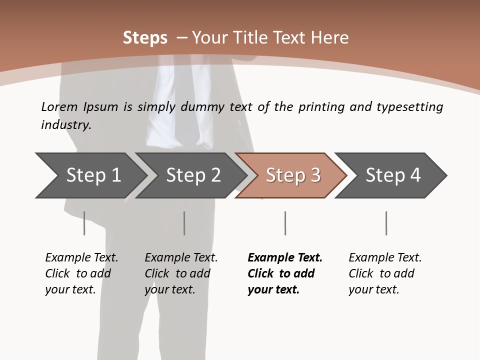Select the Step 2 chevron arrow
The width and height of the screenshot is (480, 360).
tap(193, 175)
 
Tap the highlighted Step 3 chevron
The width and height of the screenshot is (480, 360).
tap(293, 175)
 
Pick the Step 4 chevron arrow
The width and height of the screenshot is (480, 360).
tap(393, 175)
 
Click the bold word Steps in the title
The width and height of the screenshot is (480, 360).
tap(145, 38)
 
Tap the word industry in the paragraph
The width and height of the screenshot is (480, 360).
tap(66, 125)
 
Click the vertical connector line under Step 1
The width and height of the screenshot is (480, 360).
tap(84, 223)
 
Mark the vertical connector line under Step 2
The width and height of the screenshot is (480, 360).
tap(184, 223)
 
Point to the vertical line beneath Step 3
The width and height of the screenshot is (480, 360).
tap(285, 223)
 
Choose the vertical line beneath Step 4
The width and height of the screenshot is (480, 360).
tap(386, 223)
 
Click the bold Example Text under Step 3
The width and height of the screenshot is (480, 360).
tap(285, 273)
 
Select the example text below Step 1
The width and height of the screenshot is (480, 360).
tap(81, 273)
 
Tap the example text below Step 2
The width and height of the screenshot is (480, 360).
tap(181, 273)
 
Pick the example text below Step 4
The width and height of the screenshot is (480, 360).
tap(385, 273)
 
